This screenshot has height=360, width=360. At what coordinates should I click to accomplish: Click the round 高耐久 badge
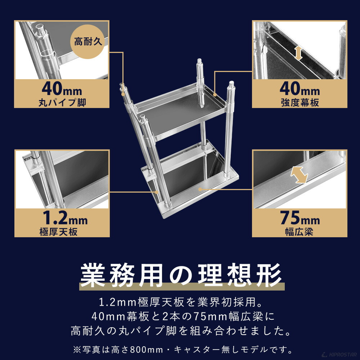[89, 41]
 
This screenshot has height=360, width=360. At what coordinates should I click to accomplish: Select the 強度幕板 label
[300, 102]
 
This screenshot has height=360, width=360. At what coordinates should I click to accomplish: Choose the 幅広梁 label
[300, 231]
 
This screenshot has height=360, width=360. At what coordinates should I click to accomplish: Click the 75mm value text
[300, 218]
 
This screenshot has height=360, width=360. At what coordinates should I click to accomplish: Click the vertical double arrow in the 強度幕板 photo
[298, 53]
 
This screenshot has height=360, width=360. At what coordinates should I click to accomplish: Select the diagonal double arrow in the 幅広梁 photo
[299, 175]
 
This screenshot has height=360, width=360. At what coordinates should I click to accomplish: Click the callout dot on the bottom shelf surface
[199, 188]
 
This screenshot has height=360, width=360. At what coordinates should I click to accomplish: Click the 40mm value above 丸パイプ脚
[62, 88]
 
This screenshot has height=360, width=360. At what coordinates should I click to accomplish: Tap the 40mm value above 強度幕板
[300, 88]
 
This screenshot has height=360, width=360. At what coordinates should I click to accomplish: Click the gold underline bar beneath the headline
[182, 287]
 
